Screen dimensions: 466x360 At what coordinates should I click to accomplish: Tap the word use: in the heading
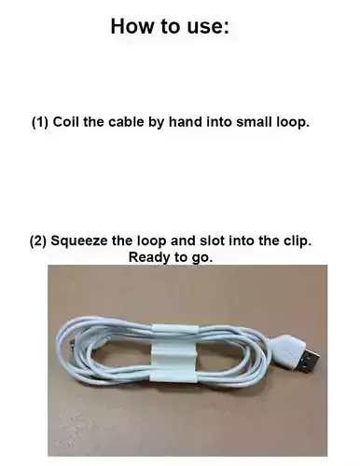[x=204, y=26]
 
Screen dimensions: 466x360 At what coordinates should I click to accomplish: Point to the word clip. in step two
[x=296, y=240]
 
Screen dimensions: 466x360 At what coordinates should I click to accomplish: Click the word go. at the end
[x=200, y=256]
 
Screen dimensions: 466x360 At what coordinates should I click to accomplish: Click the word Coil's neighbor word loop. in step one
[x=290, y=122]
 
